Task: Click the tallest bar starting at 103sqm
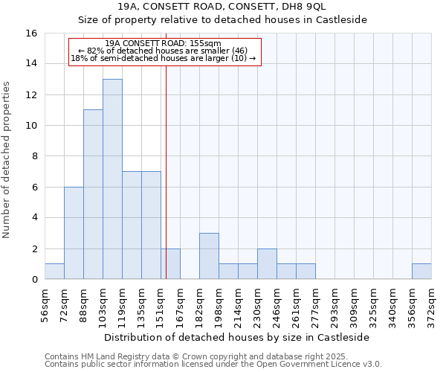click(112, 179)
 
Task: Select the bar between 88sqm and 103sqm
click(93, 194)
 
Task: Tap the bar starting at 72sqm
click(74, 233)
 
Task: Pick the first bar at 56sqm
click(54, 272)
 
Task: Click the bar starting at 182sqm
click(209, 256)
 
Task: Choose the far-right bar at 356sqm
click(421, 272)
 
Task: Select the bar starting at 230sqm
click(267, 264)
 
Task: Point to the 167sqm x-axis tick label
click(180, 305)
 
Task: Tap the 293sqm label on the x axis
click(334, 305)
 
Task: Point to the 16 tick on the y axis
click(31, 33)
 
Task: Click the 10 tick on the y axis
click(31, 126)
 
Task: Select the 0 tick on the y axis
click(34, 280)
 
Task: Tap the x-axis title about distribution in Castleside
click(237, 337)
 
